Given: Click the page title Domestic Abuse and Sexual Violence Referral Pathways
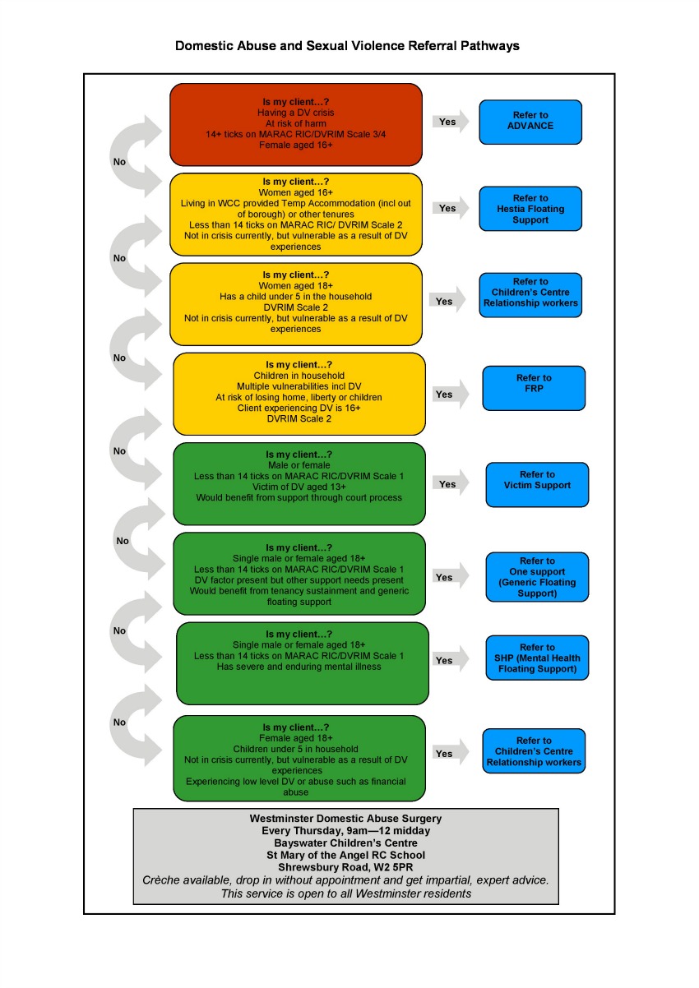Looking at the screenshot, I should pos(347,46).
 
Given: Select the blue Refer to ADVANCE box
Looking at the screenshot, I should pos(530,122).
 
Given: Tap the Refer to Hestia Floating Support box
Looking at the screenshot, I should pos(530,209).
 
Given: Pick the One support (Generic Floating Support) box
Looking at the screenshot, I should pos(537,577).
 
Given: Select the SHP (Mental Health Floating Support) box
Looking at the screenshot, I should pos(537,658).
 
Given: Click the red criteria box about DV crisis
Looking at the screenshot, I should pos(296,124).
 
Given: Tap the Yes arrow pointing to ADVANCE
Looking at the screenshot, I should pos(450,122).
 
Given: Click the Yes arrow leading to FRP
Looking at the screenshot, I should pos(447,395).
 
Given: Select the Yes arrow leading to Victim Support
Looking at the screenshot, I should pos(450,484).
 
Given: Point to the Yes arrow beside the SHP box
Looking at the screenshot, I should pos(447,660).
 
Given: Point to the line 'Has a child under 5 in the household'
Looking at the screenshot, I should pos(294,297).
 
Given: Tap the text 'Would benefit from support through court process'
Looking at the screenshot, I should pos(299,497).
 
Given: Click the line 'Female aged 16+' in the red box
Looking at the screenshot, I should pos(295,145).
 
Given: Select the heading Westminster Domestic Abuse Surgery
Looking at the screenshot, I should pos(345,819).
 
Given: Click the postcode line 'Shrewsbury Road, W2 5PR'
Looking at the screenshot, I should pos(345,866).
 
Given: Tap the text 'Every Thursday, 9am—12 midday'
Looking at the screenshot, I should pos(345,830).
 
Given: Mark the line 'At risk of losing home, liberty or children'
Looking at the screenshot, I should pos(299,397).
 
